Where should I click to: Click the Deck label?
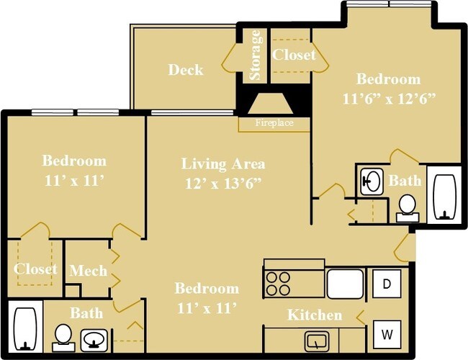click(185, 70)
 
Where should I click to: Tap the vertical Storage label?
click(255, 55)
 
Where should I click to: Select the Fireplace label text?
click(274, 123)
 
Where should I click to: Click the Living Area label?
click(222, 163)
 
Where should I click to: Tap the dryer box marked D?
click(387, 284)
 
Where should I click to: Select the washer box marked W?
click(387, 334)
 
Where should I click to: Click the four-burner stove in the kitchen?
click(278, 283)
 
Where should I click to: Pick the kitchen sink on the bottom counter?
click(316, 340)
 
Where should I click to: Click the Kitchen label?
click(315, 315)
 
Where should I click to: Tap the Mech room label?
click(88, 271)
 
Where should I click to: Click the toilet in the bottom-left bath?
click(63, 335)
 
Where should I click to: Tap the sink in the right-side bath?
click(372, 180)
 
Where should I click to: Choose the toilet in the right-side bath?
click(408, 205)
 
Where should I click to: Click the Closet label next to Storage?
click(294, 55)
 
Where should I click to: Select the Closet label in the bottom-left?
click(35, 269)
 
